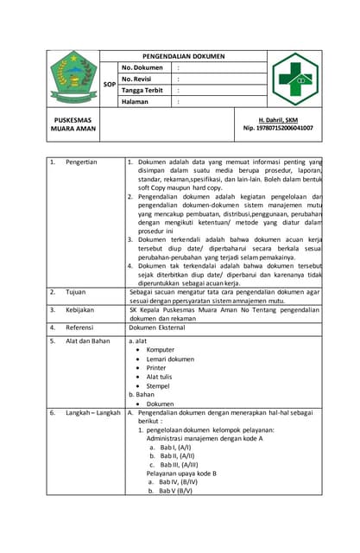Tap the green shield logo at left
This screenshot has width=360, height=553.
[73, 78]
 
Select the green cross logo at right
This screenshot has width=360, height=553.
[297, 79]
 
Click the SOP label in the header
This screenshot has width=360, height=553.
[110, 85]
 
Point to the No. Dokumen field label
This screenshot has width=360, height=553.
[142, 67]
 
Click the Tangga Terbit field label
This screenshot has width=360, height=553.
[142, 90]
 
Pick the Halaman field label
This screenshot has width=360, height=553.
[136, 101]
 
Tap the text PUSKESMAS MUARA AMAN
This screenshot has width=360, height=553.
[73, 124]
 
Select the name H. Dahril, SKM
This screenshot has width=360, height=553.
[278, 119]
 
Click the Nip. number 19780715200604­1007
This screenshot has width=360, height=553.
[278, 128]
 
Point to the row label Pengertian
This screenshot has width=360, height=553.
[81, 162]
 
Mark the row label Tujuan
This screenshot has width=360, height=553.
[76, 293]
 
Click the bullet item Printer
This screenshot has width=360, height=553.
[156, 367]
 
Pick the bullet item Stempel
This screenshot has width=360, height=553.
[158, 385]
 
